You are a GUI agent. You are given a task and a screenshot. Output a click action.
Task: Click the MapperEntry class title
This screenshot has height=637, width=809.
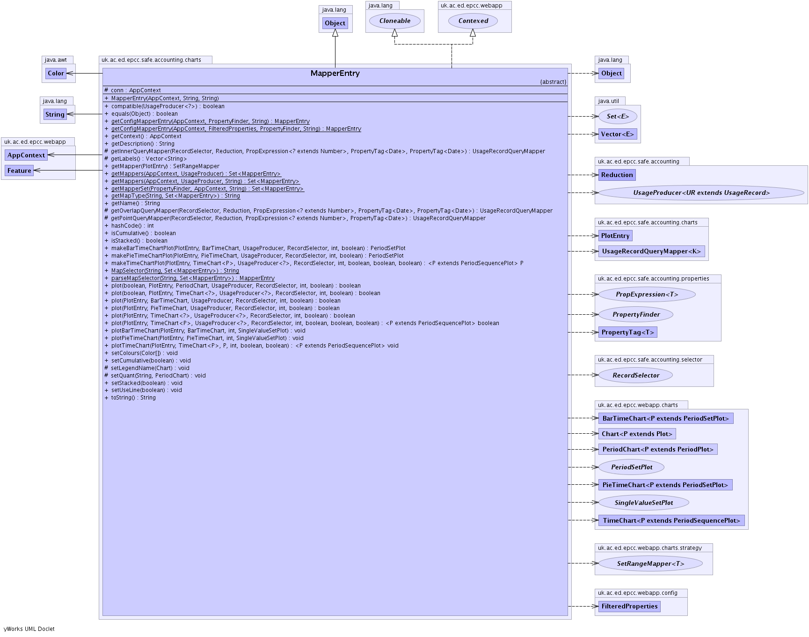(335, 74)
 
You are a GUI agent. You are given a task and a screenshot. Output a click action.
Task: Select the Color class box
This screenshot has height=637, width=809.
(56, 73)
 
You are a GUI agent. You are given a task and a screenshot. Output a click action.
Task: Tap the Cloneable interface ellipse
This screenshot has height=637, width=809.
(395, 21)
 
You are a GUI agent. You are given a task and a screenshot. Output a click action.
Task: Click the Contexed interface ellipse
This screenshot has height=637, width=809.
(473, 21)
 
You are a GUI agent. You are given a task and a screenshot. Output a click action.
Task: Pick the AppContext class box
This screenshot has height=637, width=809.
(26, 155)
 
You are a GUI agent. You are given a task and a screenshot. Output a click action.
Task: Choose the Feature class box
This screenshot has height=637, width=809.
(19, 170)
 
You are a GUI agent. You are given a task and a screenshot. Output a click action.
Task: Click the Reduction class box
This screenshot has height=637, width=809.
(617, 175)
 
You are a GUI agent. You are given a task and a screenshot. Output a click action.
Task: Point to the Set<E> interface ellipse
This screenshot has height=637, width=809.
(618, 116)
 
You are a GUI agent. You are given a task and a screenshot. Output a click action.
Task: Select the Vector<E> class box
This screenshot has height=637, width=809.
(617, 134)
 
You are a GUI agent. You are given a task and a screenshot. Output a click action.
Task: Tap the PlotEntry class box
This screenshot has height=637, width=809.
(615, 236)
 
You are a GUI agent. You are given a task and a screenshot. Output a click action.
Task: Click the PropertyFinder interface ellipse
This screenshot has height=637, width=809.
(636, 314)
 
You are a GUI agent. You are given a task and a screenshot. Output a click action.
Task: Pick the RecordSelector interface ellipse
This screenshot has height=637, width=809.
(635, 375)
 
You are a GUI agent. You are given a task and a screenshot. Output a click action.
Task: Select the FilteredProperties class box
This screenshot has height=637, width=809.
(629, 606)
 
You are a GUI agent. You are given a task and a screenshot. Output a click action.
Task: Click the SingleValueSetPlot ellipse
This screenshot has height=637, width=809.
(643, 503)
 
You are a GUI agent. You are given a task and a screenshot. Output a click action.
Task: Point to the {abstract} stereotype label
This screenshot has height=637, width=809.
(553, 82)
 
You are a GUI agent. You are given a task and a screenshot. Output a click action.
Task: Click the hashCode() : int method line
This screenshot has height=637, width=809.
(132, 226)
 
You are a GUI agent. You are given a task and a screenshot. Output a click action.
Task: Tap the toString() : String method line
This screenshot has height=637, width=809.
(133, 398)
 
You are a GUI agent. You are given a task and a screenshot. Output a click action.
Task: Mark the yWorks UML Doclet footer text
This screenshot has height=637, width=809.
(29, 629)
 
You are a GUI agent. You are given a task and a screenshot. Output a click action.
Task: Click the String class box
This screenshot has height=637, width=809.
(55, 114)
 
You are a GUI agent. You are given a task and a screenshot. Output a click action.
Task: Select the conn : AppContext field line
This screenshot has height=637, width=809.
(136, 90)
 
